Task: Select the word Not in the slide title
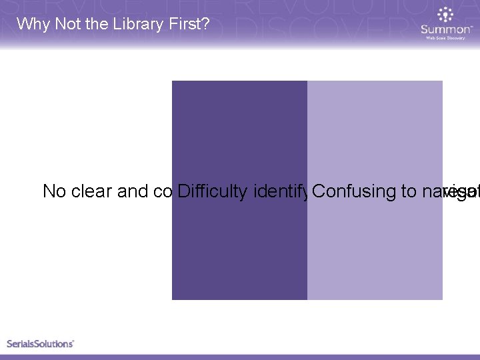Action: [61, 24]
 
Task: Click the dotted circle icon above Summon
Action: [445, 15]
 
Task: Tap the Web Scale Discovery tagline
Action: [445, 38]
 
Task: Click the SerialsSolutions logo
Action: [40, 343]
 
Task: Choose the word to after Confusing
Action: [408, 192]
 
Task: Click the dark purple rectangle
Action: [239, 253]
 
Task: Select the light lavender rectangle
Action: [375, 253]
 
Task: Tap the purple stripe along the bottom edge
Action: [240, 357]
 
